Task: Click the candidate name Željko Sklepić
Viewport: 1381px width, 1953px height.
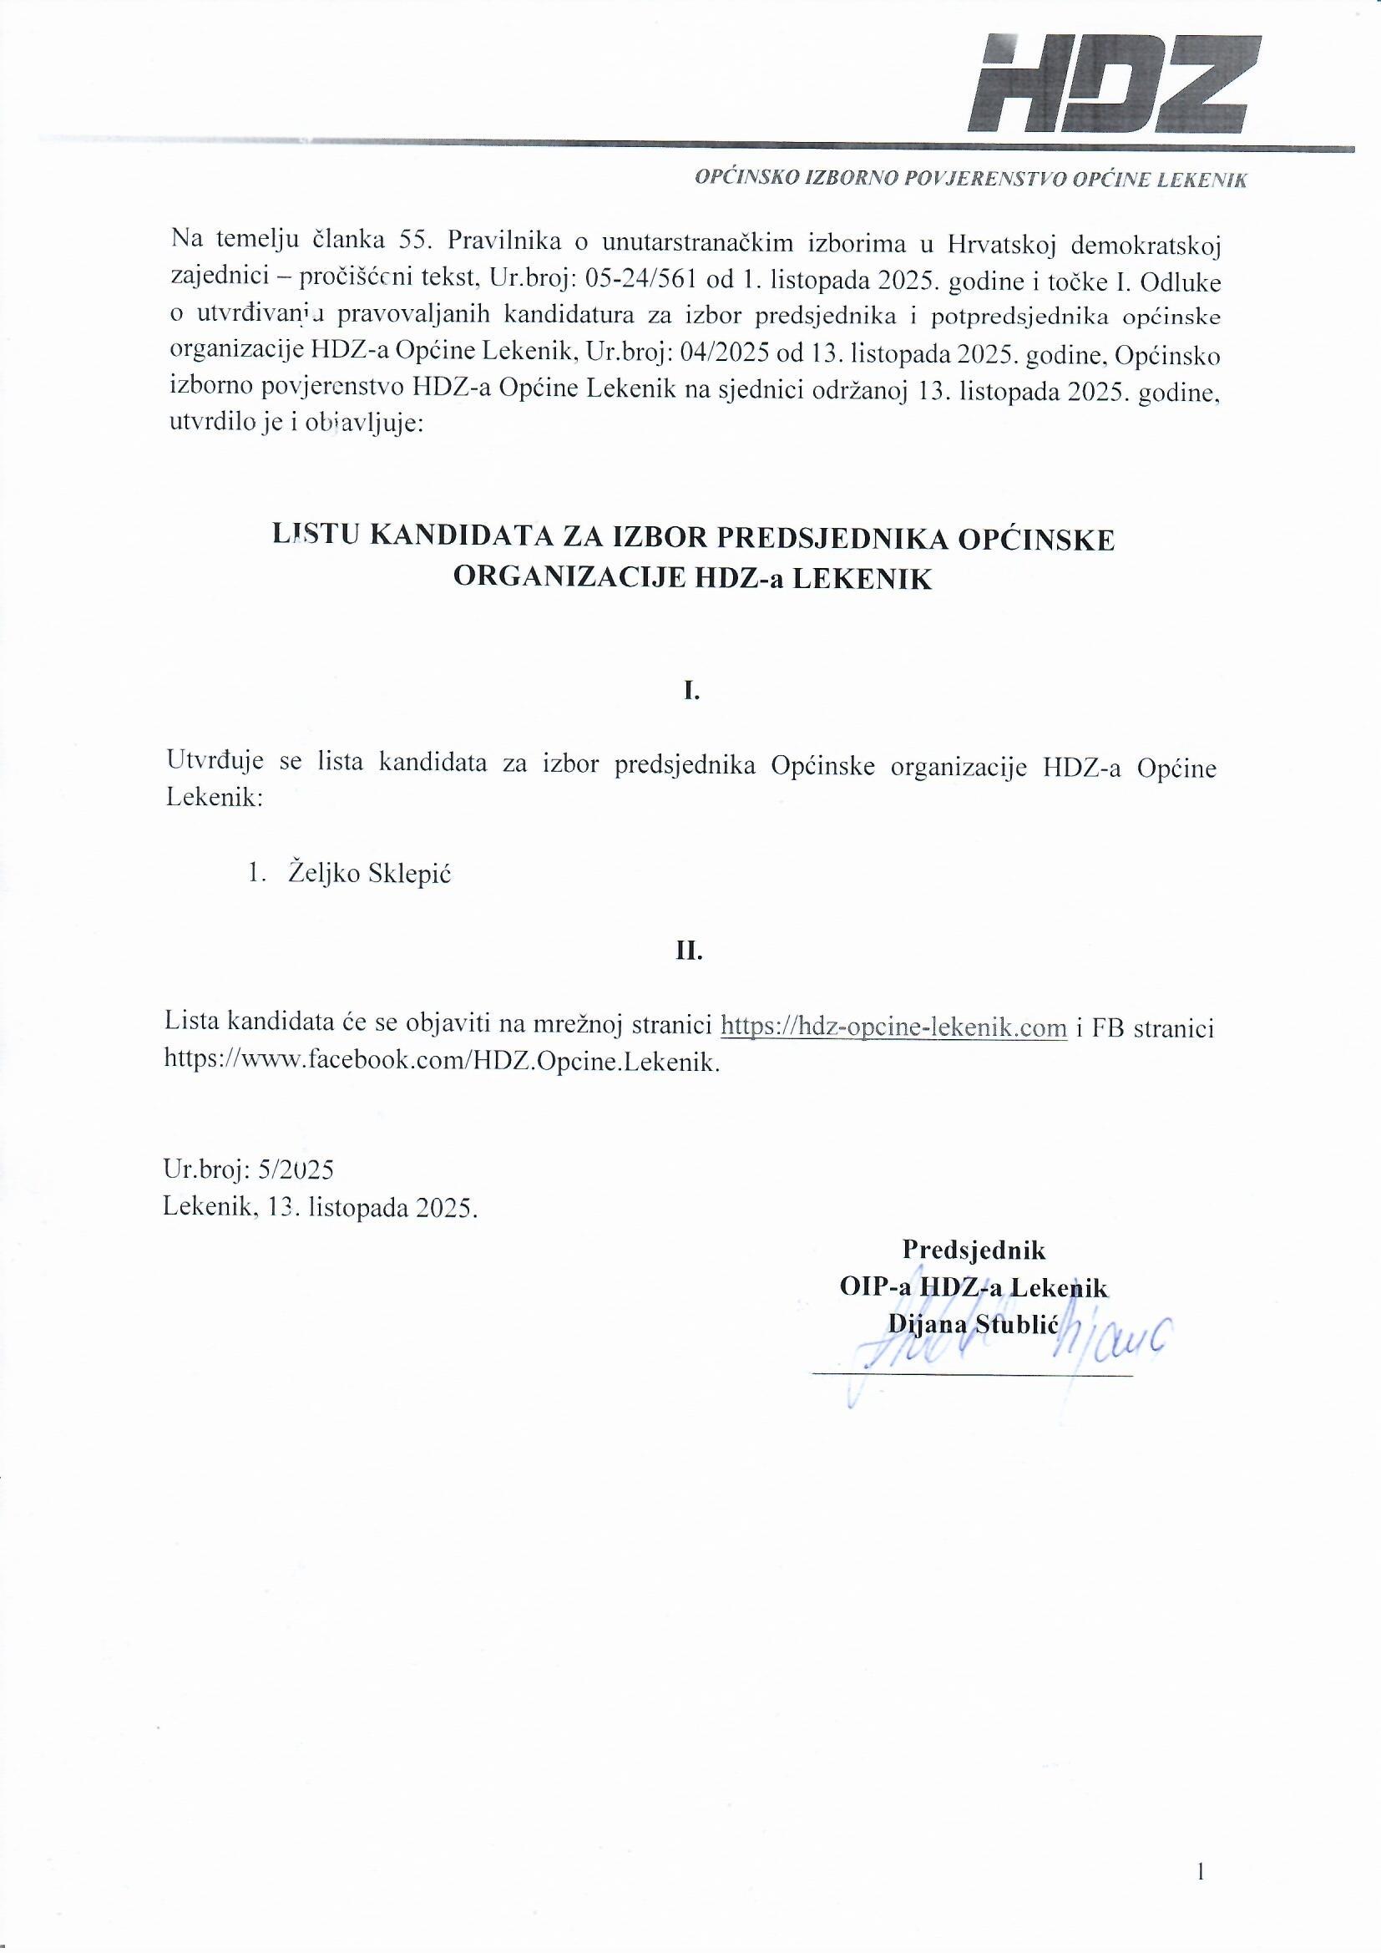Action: point(370,874)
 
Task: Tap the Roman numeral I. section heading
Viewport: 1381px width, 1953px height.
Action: point(691,692)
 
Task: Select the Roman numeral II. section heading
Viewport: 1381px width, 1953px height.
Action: point(690,951)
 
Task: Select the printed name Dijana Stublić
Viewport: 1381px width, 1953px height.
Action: point(971,1323)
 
